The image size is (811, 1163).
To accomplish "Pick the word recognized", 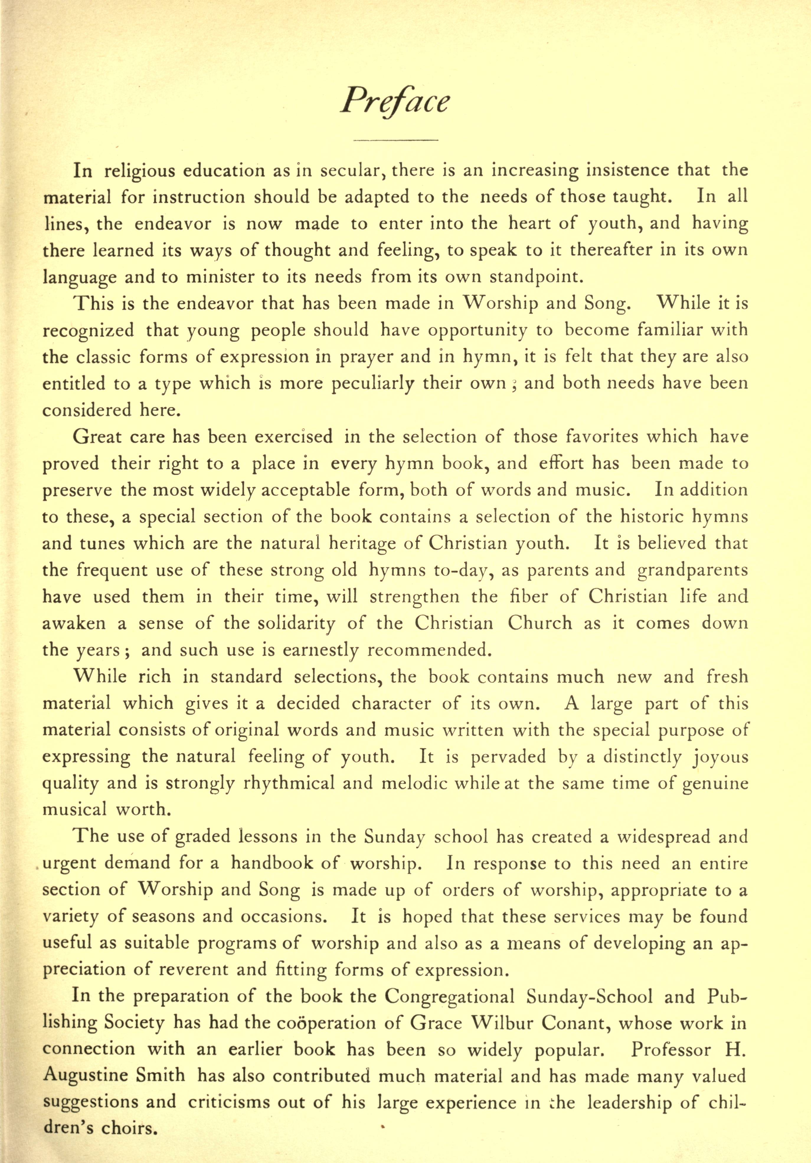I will tap(88, 330).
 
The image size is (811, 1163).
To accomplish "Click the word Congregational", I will tap(449, 996).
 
